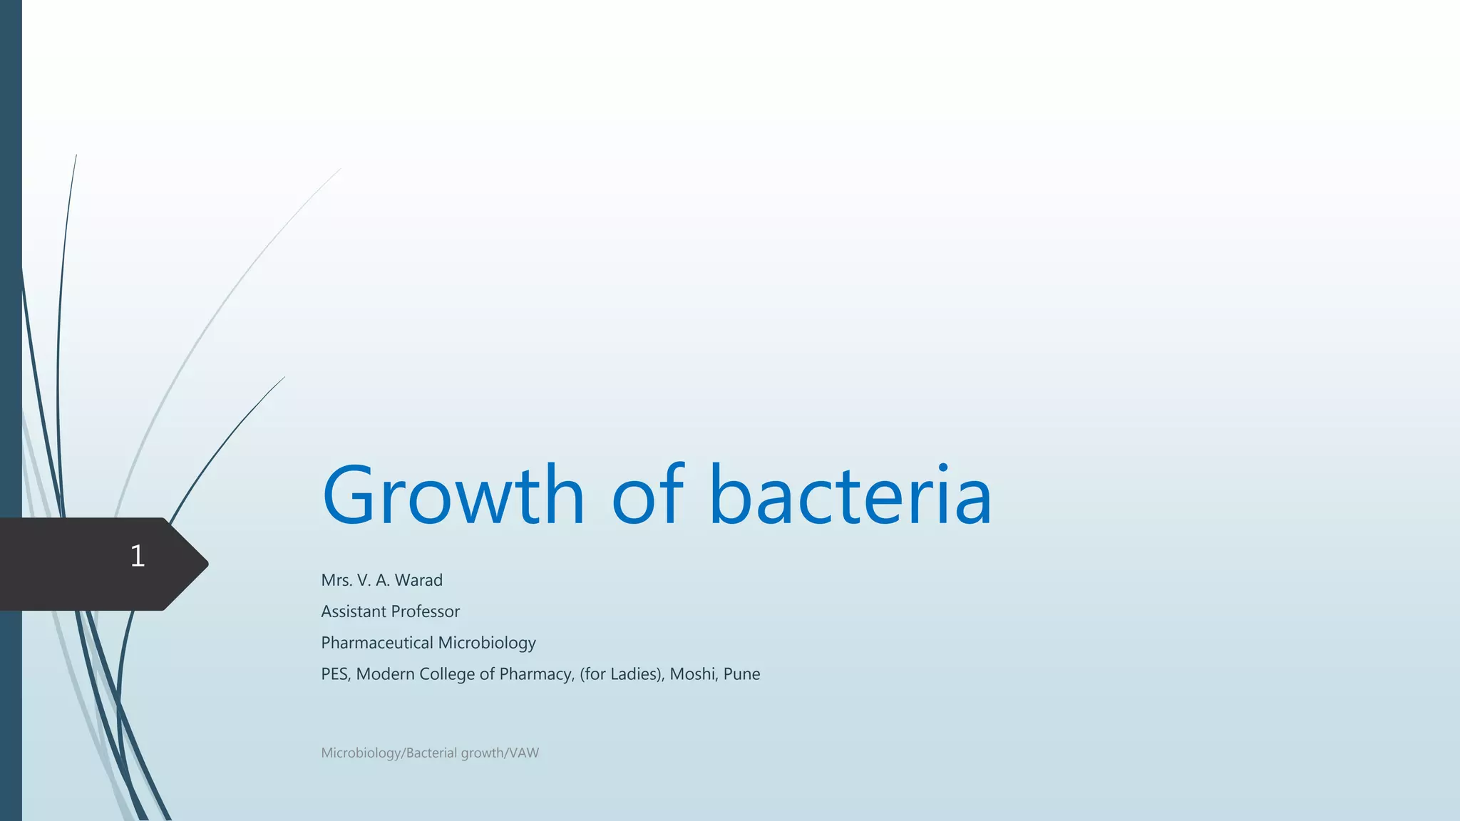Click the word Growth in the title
pos(453,495)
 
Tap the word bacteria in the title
pos(850,495)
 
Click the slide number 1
pos(138,556)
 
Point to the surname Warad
pos(418,580)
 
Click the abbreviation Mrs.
pos(336,580)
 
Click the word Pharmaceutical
pos(377,643)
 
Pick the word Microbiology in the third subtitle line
pos(487,643)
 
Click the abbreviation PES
pos(335,674)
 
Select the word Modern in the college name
pos(385,674)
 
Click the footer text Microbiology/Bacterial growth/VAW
pos(430,753)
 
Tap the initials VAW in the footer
pos(524,753)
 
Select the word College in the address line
pos(447,674)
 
